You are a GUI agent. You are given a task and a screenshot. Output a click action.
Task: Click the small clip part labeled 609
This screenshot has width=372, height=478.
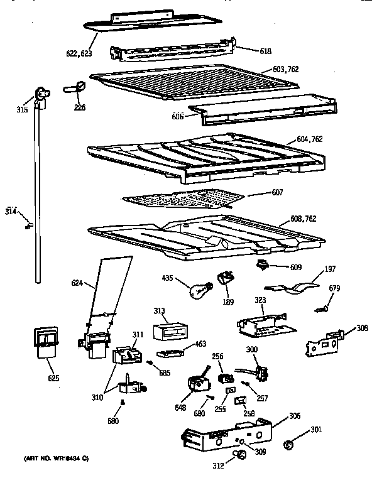[x=262, y=265]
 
